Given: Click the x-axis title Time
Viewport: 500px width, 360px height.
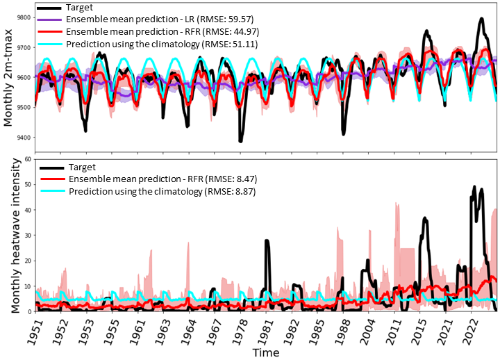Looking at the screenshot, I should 266,352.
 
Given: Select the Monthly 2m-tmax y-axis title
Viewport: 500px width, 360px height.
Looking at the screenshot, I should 9,77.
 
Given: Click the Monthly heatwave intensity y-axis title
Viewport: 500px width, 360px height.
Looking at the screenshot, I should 9,235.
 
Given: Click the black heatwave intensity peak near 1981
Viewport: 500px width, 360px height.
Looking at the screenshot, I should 267,241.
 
